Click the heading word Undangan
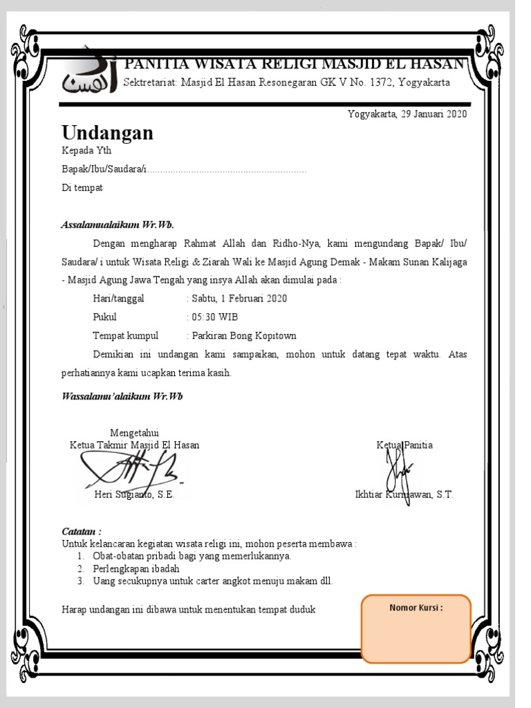click(107, 133)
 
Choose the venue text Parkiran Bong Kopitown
click(243, 336)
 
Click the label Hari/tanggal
click(119, 299)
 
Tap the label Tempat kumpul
click(125, 336)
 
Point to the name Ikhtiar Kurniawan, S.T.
click(404, 495)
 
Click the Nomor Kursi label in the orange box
click(416, 608)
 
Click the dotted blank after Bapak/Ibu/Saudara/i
click(227, 170)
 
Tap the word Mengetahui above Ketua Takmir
click(134, 434)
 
